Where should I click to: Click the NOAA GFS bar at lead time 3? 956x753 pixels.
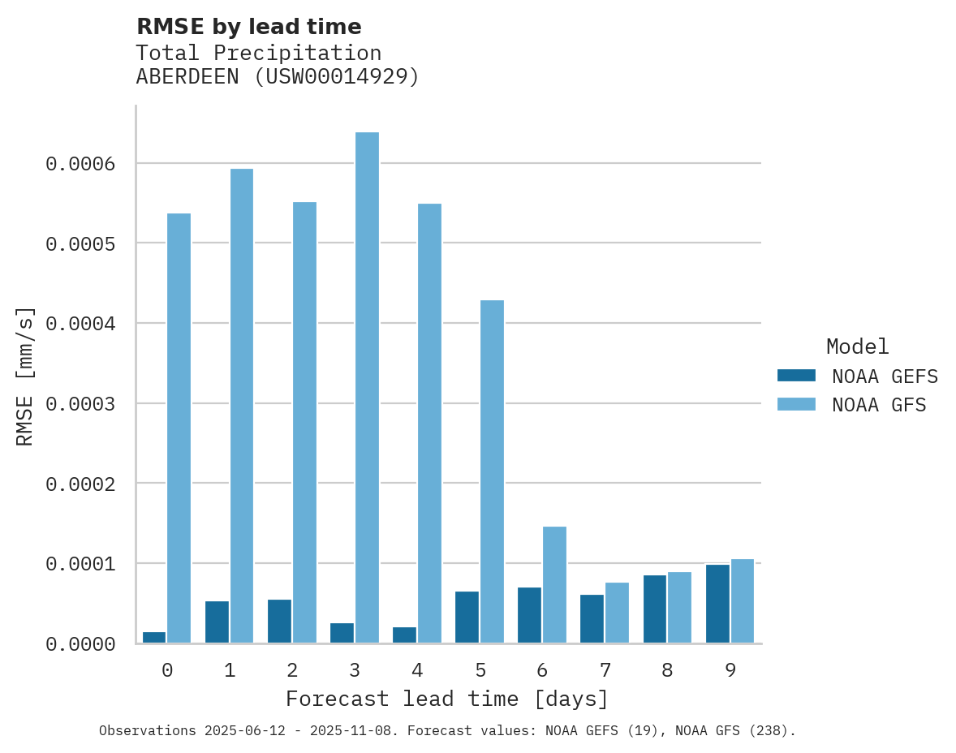point(367,387)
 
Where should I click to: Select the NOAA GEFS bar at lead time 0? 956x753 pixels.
point(154,637)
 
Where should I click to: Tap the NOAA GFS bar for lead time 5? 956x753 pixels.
point(492,471)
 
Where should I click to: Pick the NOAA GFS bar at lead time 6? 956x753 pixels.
point(554,584)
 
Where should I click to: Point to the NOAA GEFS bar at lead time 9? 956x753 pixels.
point(717,604)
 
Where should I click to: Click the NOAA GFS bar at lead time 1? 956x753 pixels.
point(242,406)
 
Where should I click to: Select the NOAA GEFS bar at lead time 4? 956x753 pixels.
point(404,635)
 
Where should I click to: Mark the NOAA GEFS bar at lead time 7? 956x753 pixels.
point(592,618)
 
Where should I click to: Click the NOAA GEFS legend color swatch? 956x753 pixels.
point(796,376)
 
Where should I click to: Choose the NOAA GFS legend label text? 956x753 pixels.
point(879,404)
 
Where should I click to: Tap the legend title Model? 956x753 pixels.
point(857,346)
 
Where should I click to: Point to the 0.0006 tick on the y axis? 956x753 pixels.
point(80,164)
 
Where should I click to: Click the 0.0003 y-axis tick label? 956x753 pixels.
point(80,403)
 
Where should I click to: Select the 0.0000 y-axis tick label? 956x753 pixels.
point(80,644)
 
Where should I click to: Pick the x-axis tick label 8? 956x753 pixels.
point(667,670)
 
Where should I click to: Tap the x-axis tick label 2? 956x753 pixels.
point(292,670)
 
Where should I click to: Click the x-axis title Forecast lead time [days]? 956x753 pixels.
point(447,699)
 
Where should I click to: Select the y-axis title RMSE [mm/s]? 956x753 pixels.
point(25,376)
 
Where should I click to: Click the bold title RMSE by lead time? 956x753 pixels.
point(248,27)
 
